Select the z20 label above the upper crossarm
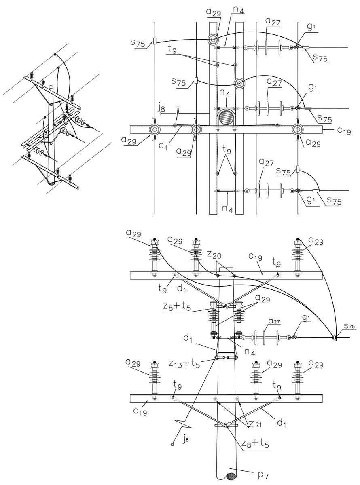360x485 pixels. pos(215,255)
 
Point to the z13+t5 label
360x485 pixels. pos(184,363)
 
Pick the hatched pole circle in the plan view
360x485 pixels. pos(226,117)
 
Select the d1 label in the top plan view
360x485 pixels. pos(163,145)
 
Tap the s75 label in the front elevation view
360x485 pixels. pos(349,332)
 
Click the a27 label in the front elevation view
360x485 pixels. pos(274,321)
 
